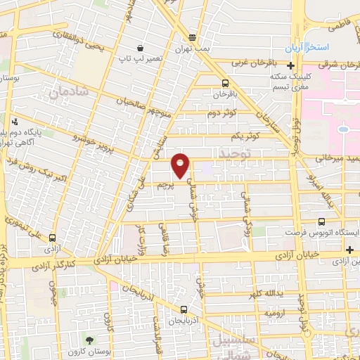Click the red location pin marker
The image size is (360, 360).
181,165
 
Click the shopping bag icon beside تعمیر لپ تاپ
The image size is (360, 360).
141,49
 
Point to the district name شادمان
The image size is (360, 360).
68,91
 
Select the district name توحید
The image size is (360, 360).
234,153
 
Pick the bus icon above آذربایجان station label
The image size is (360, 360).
184,309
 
